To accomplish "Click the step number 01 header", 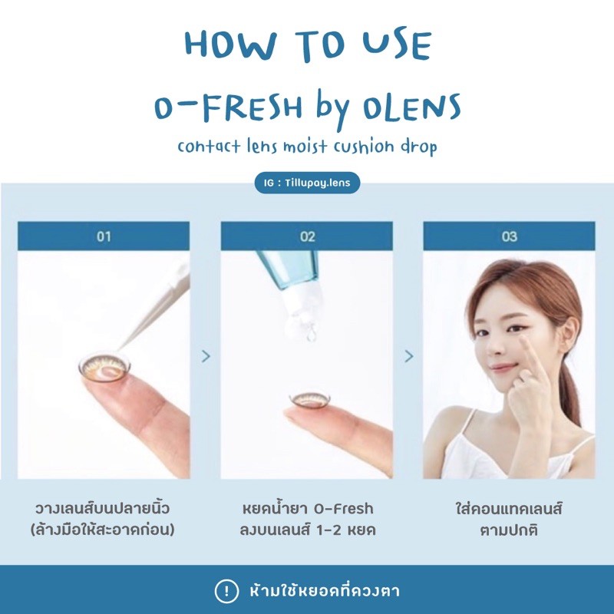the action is (x=104, y=236).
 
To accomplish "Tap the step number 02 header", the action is (x=307, y=236).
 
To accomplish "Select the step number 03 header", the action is (x=510, y=236).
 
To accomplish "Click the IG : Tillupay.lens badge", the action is (x=307, y=183).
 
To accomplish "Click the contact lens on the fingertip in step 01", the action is (x=104, y=367).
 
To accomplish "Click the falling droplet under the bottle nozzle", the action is (x=312, y=334).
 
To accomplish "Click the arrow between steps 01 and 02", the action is (x=206, y=356).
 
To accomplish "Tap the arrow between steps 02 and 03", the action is (x=409, y=356).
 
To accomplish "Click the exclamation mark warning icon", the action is (x=226, y=590).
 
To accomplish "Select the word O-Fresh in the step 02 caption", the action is (x=343, y=509).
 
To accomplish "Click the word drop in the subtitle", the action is (x=418, y=147).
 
